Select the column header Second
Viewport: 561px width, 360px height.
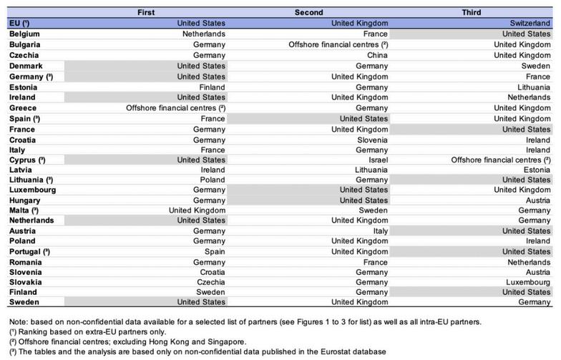coord(308,12)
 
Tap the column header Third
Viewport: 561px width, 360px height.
coord(472,12)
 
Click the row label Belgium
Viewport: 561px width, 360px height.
coord(24,34)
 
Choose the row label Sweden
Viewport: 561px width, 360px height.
coord(24,303)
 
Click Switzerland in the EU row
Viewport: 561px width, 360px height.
coord(528,23)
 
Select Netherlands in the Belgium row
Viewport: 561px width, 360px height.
coord(204,34)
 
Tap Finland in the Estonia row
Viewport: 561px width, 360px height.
coord(212,87)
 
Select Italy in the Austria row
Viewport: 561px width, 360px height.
coord(379,231)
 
